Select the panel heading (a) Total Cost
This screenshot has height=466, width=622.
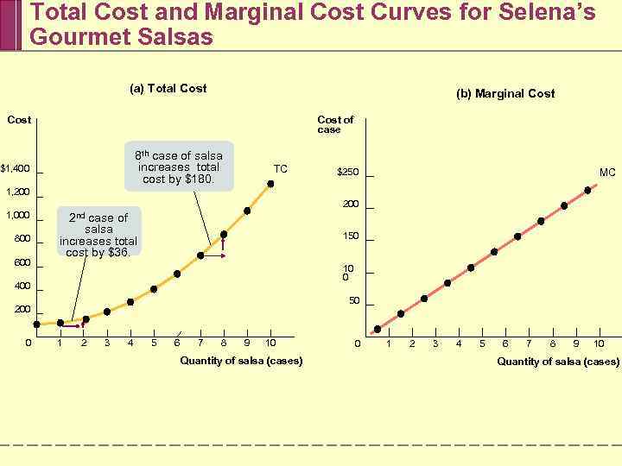pos(168,88)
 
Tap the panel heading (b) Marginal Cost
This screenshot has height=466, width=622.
pos(505,93)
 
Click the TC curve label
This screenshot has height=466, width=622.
pos(281,168)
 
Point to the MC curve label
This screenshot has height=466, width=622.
pos(607,173)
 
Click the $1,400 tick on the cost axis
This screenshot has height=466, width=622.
pos(16,168)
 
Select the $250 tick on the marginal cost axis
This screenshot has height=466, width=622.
pos(347,173)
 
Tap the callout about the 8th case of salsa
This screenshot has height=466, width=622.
pos(179,167)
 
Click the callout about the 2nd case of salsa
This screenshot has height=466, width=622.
pos(98,235)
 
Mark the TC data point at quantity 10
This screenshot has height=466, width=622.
pos(270,184)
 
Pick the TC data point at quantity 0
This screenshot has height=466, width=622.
pos(36,324)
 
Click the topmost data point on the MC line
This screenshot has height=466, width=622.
pos(587,190)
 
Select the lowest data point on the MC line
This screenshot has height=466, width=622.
pos(378,329)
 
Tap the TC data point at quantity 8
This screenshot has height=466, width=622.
pos(224,234)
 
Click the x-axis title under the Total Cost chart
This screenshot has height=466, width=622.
pos(241,361)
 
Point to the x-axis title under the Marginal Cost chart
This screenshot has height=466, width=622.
pos(558,362)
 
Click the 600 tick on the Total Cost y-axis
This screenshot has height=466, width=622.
pos(22,263)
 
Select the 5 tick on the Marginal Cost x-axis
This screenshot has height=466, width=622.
pos(482,343)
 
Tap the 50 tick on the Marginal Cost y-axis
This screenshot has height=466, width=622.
pos(354,301)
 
